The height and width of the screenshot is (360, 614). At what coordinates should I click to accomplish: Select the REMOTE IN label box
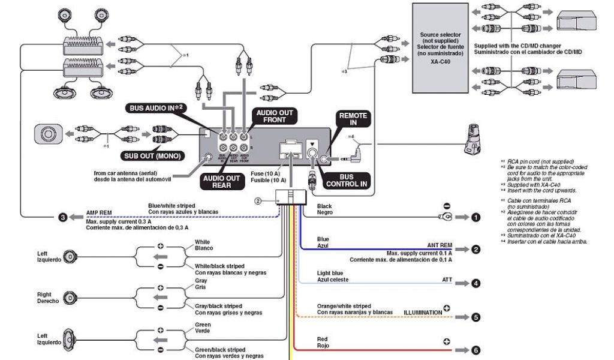353,119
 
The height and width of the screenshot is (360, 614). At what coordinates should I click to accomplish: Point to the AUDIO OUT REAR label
221,182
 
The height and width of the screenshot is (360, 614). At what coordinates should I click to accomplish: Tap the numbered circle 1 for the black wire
475,217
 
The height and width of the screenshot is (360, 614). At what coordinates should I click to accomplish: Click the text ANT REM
440,245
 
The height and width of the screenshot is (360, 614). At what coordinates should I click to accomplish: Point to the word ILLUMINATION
422,313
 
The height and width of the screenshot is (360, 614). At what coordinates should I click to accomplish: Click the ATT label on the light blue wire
447,280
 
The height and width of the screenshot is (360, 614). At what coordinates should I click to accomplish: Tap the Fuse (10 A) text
264,173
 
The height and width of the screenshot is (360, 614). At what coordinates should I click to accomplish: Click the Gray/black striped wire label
218,306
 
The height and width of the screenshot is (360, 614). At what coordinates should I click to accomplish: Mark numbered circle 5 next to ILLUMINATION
475,317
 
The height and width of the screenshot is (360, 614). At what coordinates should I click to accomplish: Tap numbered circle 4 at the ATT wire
475,283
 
